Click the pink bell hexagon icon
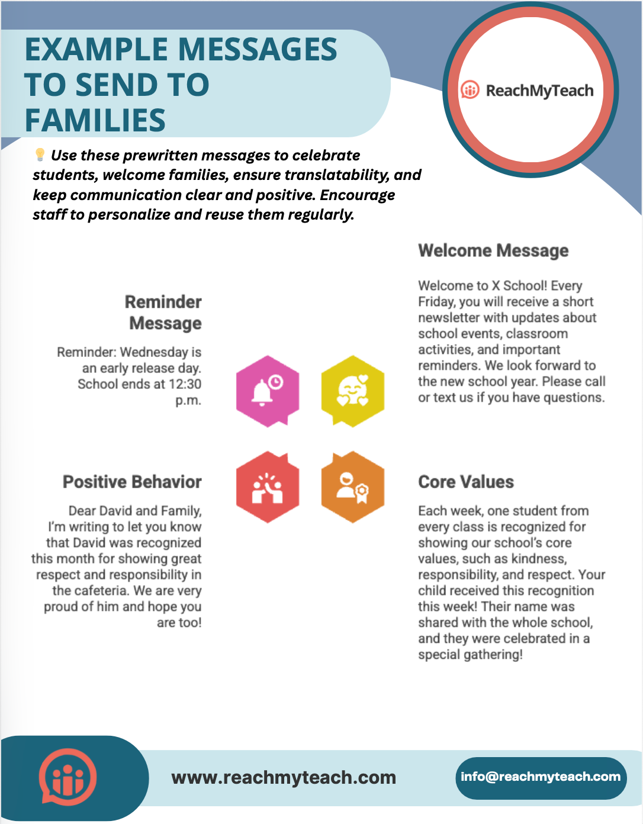click(268, 391)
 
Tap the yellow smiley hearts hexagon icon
click(353, 391)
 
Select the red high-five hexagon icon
click(268, 487)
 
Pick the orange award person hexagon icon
click(353, 487)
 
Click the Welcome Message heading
click(493, 250)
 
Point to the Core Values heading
click(466, 482)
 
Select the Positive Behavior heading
click(132, 482)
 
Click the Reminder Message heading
click(163, 313)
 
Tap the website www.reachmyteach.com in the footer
click(284, 777)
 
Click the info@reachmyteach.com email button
click(541, 777)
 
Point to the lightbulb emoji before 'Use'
click(40, 155)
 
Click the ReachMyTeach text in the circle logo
click(539, 91)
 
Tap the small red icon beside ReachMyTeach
click(470, 90)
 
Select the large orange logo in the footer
click(68, 778)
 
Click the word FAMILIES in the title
click(95, 120)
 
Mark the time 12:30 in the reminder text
click(185, 384)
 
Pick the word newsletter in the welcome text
click(449, 318)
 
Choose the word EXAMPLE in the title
click(95, 49)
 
